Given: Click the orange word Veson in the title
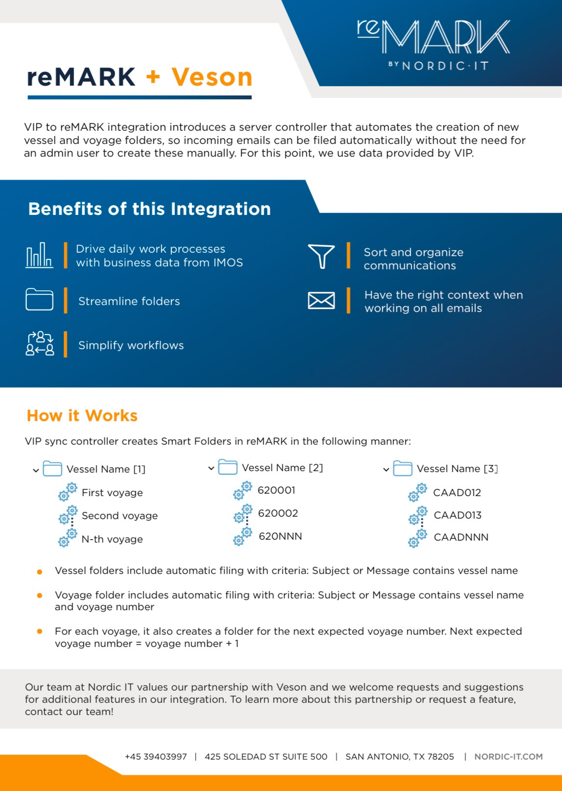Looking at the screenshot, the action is pyautogui.click(x=212, y=77).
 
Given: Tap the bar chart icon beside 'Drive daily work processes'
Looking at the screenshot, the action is pyautogui.click(x=39, y=255).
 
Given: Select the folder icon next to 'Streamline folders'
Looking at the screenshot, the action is pyautogui.click(x=39, y=299).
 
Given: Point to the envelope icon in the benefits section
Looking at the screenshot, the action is pyautogui.click(x=321, y=300).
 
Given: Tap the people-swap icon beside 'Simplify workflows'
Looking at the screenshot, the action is pyautogui.click(x=40, y=344).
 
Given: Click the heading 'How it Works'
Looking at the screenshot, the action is pyautogui.click(x=82, y=415).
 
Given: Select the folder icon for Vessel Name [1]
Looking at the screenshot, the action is pyautogui.click(x=52, y=469).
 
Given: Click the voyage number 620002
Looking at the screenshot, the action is pyautogui.click(x=278, y=513).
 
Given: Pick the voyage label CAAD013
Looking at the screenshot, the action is pyautogui.click(x=458, y=515).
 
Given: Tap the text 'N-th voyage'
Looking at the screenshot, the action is pyautogui.click(x=112, y=539).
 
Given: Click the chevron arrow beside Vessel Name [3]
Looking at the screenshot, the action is pyautogui.click(x=386, y=470).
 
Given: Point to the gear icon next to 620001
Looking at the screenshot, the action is pyautogui.click(x=243, y=490).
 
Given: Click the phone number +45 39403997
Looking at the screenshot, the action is pyautogui.click(x=156, y=756).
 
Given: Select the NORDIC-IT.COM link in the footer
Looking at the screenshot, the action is pyautogui.click(x=508, y=756).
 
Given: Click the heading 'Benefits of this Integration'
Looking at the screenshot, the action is pyautogui.click(x=149, y=209).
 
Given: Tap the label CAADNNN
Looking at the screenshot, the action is pyautogui.click(x=461, y=537).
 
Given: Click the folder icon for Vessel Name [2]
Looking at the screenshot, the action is pyautogui.click(x=227, y=467).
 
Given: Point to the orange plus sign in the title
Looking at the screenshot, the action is pyautogui.click(x=153, y=77).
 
